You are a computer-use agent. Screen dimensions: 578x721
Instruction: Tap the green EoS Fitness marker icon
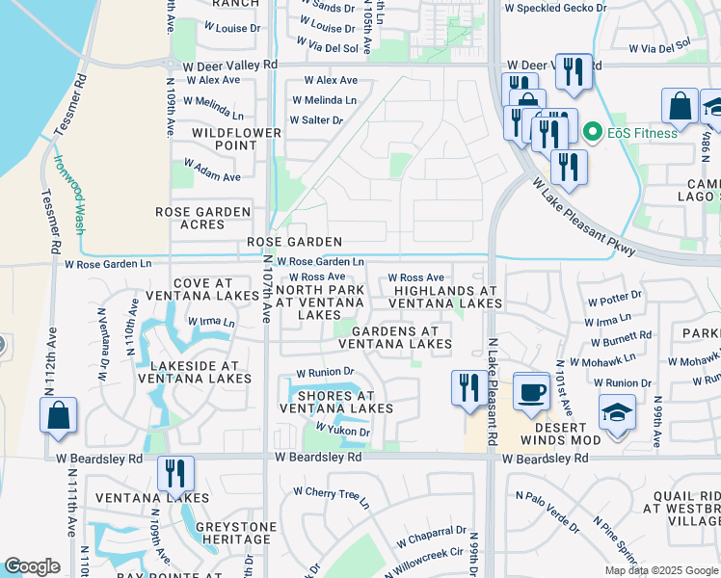pyautogui.click(x=594, y=133)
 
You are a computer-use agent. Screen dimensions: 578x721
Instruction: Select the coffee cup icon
pyautogui.click(x=531, y=390)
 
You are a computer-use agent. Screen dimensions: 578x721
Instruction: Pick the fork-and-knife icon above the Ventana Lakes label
pyautogui.click(x=174, y=472)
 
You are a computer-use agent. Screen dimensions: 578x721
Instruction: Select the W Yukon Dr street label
pyautogui.click(x=343, y=433)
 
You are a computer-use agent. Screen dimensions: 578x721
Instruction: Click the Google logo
pyautogui.click(x=32, y=566)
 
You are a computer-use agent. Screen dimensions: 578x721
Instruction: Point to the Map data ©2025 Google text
pyautogui.click(x=660, y=570)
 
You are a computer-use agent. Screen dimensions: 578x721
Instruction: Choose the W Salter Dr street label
pyautogui.click(x=316, y=120)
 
